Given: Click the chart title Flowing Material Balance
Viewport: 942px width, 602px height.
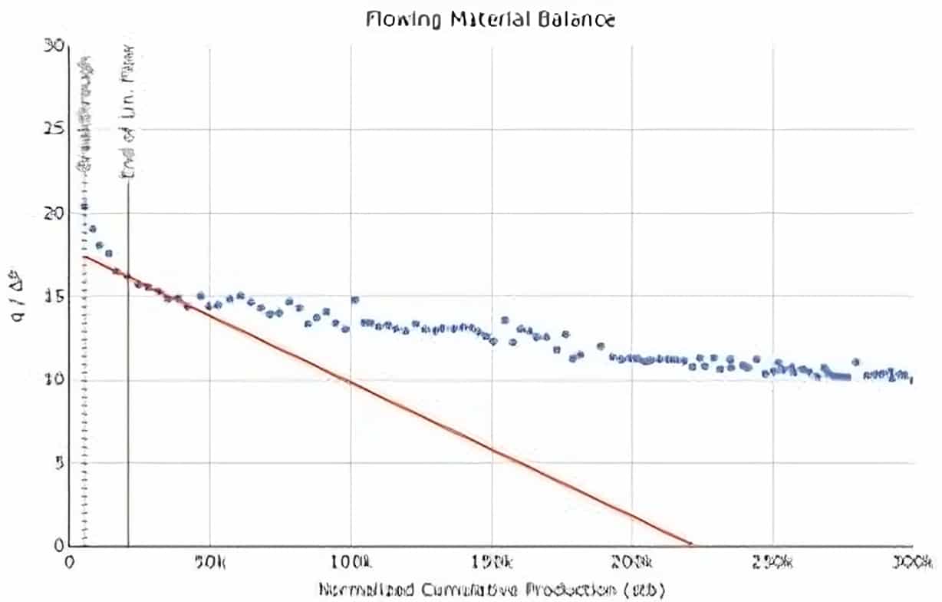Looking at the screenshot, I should point(489,19).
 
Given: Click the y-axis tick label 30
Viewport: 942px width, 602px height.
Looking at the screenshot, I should point(54,46).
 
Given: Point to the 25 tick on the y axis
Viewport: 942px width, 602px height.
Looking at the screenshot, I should point(54,129).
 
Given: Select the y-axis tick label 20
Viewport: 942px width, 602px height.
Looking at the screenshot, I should point(54,213).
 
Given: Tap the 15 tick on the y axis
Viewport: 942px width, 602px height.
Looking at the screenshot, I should point(54,296).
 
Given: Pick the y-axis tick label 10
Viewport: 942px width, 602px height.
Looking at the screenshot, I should point(54,379).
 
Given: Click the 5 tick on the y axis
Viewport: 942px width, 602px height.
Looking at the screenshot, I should point(57,463).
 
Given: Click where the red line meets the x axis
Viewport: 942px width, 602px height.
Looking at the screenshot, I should point(692,545).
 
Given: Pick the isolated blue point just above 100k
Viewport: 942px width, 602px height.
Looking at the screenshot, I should point(354,300).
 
